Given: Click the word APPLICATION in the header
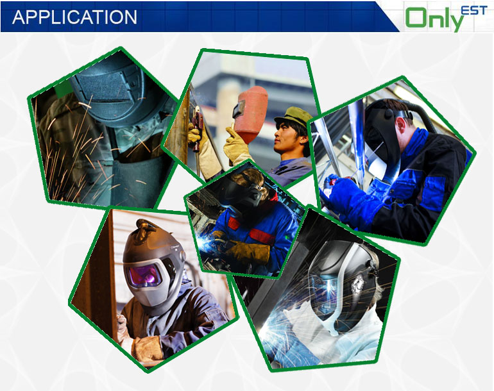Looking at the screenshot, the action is coord(74,17).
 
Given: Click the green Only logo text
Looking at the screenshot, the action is coord(434,19).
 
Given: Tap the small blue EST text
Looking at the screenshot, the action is coord(474,10).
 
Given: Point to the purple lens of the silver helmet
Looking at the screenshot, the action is coord(145,276).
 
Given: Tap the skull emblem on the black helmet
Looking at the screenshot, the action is coord(357,285).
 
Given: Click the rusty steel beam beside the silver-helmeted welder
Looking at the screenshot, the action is coord(97,277).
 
